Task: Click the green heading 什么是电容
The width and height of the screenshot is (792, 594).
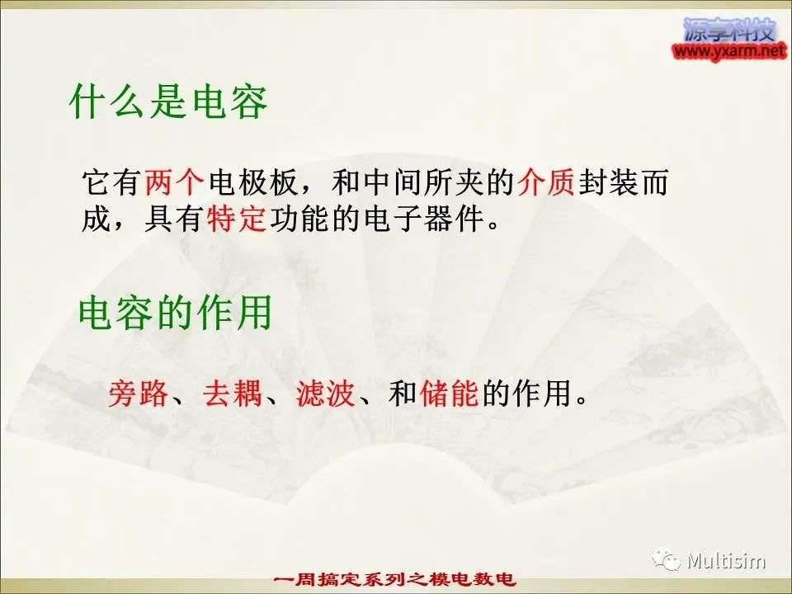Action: (x=168, y=101)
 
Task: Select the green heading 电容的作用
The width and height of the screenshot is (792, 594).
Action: (x=175, y=313)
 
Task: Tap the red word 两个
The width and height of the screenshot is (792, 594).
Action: (x=174, y=181)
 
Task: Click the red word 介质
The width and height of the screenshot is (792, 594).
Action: (x=546, y=181)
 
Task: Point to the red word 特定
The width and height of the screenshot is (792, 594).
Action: (x=237, y=218)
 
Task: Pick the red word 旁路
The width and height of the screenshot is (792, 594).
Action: (x=138, y=393)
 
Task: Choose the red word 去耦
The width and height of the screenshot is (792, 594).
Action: (x=233, y=393)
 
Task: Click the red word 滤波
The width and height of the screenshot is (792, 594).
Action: (x=326, y=393)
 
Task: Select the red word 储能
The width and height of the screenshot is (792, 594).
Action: (x=449, y=393)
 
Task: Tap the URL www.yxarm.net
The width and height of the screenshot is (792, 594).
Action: (x=729, y=51)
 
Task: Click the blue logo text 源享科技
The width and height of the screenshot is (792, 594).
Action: (x=729, y=30)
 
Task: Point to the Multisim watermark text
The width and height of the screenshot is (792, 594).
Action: (x=726, y=561)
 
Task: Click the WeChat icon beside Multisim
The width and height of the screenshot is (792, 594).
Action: (x=667, y=559)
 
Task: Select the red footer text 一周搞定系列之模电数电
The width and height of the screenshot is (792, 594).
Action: (x=394, y=579)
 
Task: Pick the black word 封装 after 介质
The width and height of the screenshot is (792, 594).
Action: (x=608, y=181)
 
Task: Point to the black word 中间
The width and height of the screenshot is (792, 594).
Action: (x=393, y=181)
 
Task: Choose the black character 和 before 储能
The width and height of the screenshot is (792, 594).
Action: (x=403, y=393)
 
